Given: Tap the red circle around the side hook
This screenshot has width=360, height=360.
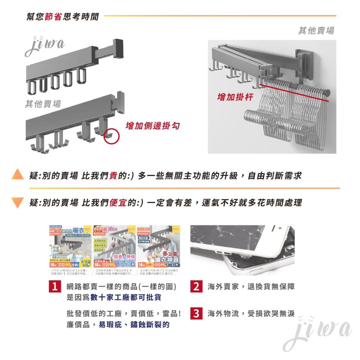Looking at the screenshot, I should [x=111, y=136].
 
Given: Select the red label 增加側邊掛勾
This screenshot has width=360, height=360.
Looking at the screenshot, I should [x=152, y=126].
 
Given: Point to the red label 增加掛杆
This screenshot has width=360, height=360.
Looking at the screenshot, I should [x=235, y=97].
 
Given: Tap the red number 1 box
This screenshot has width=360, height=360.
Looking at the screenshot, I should [x=54, y=287].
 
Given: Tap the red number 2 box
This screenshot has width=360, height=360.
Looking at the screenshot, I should [x=196, y=287].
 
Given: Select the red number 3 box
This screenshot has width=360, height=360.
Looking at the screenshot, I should [x=196, y=314].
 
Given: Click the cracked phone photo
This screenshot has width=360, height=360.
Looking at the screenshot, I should [x=242, y=250].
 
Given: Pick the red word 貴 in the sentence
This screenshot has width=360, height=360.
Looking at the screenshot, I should [x=113, y=176].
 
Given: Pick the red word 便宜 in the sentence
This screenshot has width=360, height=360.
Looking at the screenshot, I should [x=117, y=203].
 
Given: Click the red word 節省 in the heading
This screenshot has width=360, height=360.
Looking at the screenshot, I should [x=53, y=16].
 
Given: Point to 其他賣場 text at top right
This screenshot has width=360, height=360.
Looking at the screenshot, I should [x=316, y=31].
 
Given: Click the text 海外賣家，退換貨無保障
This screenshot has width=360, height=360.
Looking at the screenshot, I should [x=251, y=287].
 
